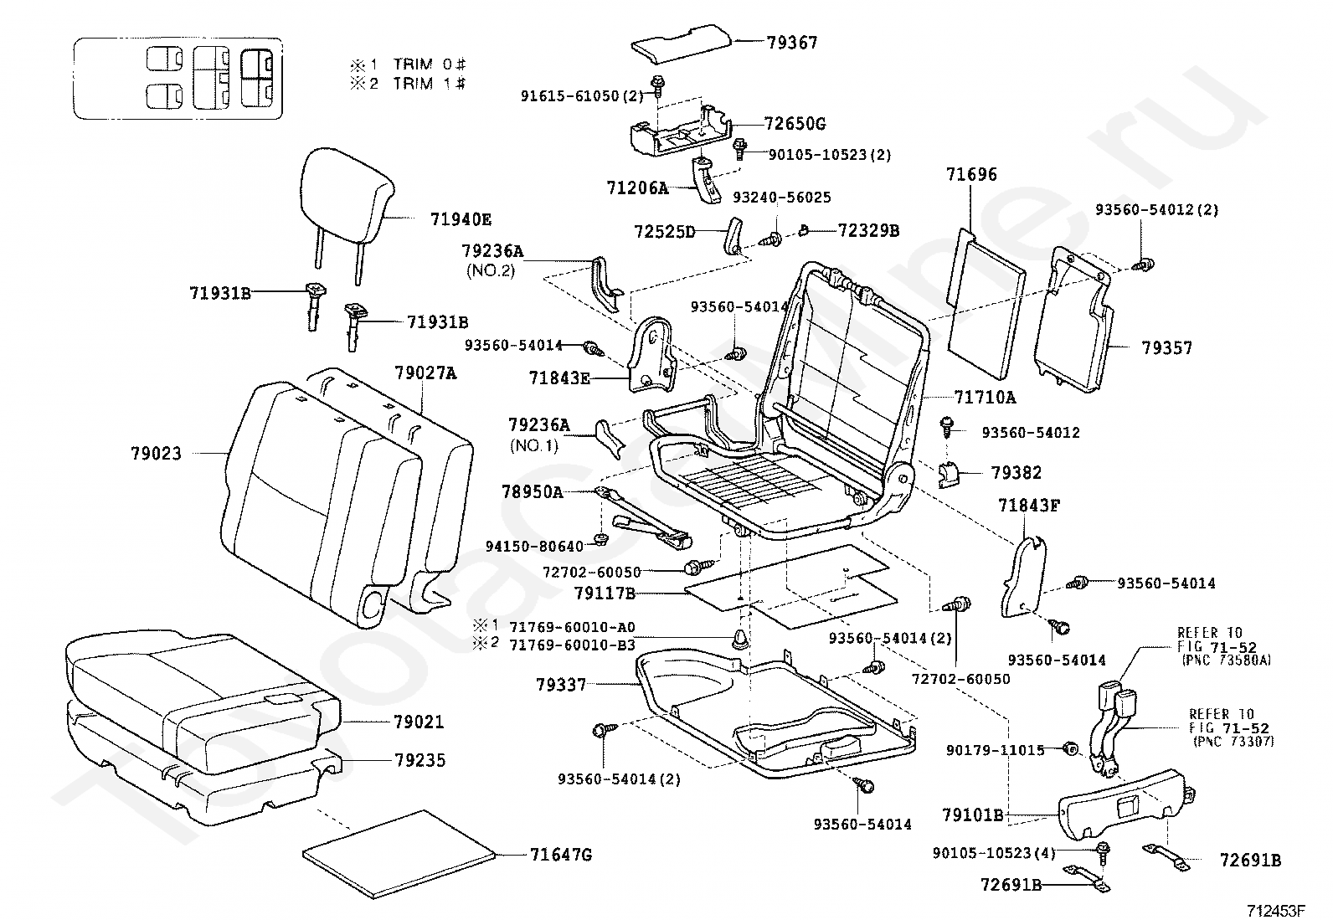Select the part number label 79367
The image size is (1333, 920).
point(791,43)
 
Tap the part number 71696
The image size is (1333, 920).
point(971,175)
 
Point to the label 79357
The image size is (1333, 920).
point(1166,348)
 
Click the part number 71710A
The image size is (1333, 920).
point(985,398)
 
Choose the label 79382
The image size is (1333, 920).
point(1016,473)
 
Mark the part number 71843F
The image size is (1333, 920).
point(1029,505)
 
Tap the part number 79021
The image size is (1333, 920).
point(419,722)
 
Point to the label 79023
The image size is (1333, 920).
point(156,453)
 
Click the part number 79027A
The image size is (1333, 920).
point(425,373)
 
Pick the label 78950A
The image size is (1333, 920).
point(533,492)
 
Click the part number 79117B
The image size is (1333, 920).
point(605,594)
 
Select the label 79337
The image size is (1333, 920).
point(561,685)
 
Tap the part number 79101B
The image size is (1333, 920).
point(972,814)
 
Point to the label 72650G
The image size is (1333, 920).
point(795,124)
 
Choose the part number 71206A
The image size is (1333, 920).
point(637,188)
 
